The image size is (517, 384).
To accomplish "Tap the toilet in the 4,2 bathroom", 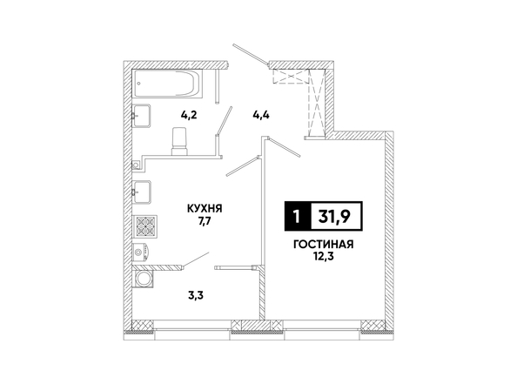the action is click(179, 141).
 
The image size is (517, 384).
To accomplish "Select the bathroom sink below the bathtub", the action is click(142, 116).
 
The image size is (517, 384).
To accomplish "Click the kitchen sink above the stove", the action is click(142, 192).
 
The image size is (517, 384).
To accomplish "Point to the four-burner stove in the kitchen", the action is click(144, 226).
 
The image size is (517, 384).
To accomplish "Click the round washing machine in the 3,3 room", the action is click(143, 280).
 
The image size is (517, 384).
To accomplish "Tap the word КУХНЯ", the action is click(205, 208).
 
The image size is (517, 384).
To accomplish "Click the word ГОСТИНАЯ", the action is click(324, 245).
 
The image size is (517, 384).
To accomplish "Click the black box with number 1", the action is click(298, 216).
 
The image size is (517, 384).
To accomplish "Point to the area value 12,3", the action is click(324, 257).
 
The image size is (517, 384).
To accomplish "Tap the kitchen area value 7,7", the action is click(205, 220).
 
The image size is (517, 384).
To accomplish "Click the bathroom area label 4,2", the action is click(189, 115).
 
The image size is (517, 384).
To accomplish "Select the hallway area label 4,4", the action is click(261, 116).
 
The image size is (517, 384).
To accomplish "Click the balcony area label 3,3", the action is click(196, 295).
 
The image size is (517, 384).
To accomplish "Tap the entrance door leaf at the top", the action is click(251, 54).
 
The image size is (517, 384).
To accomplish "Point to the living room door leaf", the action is click(285, 147).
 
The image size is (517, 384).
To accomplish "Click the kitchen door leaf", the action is click(242, 166).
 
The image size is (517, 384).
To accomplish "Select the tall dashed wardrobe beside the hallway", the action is click(317, 103).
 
